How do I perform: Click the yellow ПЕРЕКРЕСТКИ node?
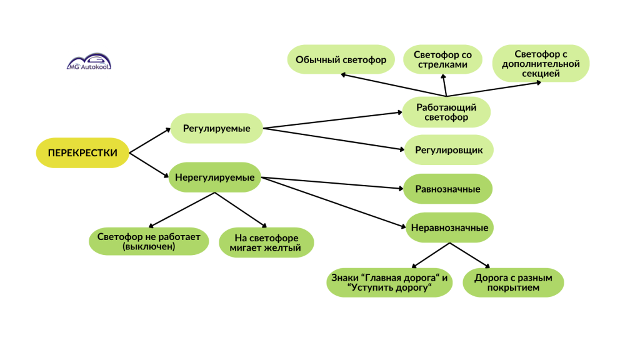82,152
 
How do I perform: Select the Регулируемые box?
216,128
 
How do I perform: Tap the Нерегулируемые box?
215,177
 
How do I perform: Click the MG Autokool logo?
89,62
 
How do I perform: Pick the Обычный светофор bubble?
341,59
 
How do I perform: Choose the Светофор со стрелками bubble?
443,59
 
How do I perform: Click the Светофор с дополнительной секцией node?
541,63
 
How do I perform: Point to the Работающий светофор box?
446,112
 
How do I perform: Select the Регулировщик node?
449,150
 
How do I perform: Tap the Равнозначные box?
447,189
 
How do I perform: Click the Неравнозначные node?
449,227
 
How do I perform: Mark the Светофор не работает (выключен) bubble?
149,241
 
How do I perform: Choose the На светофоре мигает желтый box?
266,242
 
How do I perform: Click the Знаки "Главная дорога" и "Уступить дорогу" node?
389,282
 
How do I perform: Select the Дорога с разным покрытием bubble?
513,282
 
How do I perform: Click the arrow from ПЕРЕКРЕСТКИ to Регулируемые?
150,141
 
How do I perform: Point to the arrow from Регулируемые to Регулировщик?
334,139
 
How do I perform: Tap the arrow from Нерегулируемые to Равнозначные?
332,183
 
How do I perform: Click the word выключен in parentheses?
149,246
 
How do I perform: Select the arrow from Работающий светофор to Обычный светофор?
394,85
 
